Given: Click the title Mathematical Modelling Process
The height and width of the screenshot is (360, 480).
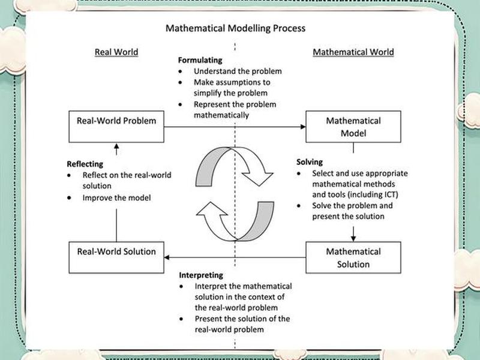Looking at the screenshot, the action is click(x=235, y=28).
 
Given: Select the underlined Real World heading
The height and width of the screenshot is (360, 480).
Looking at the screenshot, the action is click(x=116, y=52).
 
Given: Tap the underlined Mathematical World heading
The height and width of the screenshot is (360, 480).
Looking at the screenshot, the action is click(x=353, y=52).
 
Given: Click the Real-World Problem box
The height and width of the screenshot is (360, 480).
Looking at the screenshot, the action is click(x=116, y=127).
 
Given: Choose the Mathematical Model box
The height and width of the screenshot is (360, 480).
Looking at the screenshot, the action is click(x=353, y=127).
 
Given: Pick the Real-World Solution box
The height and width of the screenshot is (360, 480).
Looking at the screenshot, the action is click(x=116, y=257).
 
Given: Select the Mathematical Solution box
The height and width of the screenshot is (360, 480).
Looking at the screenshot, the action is click(x=353, y=257).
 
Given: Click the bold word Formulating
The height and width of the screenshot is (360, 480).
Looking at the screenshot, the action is click(x=200, y=60).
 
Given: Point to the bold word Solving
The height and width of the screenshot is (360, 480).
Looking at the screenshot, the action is click(x=310, y=162).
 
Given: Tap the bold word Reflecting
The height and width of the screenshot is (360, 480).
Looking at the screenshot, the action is click(x=85, y=164).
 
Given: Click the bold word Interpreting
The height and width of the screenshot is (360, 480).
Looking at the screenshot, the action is click(x=201, y=275).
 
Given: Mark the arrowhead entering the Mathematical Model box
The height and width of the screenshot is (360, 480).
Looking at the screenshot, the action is click(x=303, y=127).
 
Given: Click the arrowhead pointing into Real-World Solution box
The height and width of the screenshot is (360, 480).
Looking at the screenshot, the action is click(x=167, y=257).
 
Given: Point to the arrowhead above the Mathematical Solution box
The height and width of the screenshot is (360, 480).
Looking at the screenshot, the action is click(x=353, y=238).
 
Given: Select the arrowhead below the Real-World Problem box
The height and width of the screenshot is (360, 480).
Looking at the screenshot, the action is click(x=116, y=146).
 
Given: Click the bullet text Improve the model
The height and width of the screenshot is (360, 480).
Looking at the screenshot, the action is click(x=116, y=198).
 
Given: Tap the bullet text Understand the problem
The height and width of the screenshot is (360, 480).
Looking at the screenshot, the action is click(x=238, y=71).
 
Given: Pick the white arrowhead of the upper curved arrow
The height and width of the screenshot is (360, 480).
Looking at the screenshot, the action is click(x=258, y=179).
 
